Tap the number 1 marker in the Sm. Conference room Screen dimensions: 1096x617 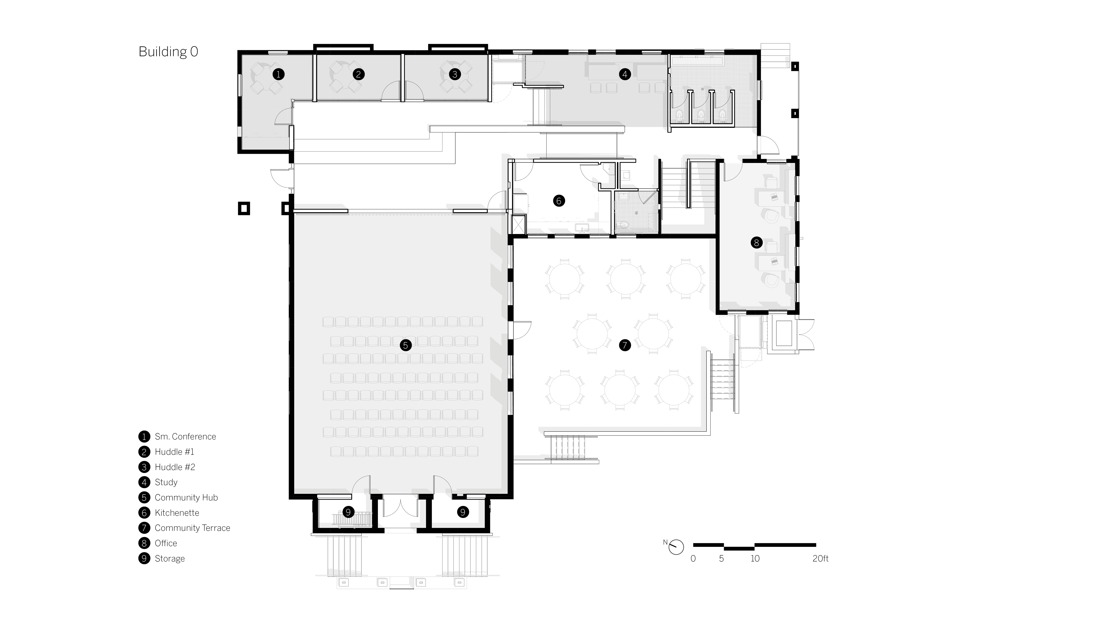(278, 74)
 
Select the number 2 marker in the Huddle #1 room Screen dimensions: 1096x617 (358, 74)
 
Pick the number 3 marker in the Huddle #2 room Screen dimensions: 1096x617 (455, 74)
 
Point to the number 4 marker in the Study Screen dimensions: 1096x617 (624, 74)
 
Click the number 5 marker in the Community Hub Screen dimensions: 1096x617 (406, 345)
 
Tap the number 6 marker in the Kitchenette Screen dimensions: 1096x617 (559, 201)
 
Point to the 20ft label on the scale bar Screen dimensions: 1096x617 (820, 559)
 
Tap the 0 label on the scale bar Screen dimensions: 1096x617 (693, 559)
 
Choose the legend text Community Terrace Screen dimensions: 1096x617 (192, 528)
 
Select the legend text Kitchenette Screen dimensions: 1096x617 (177, 513)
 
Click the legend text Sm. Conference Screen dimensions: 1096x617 (185, 436)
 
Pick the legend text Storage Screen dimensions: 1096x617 (170, 559)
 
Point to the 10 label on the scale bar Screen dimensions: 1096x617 (755, 559)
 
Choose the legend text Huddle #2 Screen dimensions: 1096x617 (175, 467)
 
